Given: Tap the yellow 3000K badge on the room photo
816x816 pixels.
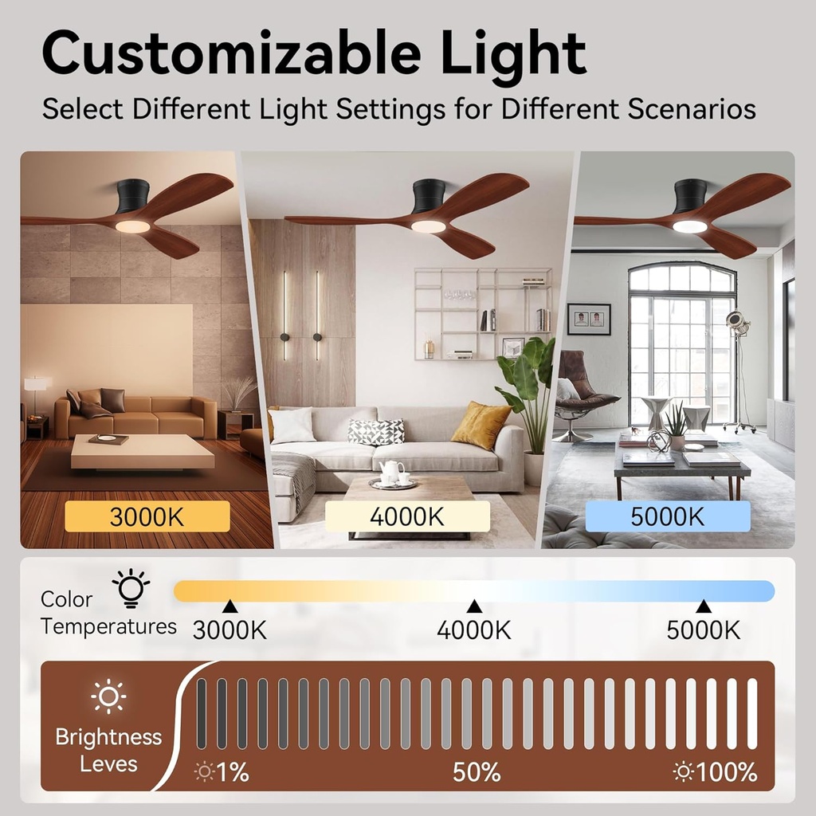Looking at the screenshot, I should click(147, 516).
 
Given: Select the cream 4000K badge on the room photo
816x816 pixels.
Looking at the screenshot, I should click(407, 516).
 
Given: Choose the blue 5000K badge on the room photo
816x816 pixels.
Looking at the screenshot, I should click(668, 516).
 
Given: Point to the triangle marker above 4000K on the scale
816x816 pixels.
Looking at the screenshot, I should click(474, 606).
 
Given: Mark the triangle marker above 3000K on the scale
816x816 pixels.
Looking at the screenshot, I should click(229, 606).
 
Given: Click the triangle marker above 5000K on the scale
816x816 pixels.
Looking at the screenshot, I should click(704, 606).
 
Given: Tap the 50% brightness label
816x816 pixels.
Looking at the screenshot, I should click(477, 772).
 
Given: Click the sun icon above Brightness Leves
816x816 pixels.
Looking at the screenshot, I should click(108, 697).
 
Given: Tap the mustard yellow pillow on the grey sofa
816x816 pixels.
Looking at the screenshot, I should click(480, 425).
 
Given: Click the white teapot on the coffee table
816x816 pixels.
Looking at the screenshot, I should click(390, 473).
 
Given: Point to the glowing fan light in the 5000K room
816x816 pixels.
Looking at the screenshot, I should click(689, 226).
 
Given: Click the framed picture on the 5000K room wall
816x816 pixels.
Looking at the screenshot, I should click(589, 319).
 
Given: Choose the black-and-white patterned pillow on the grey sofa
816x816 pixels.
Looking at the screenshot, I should click(376, 431).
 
